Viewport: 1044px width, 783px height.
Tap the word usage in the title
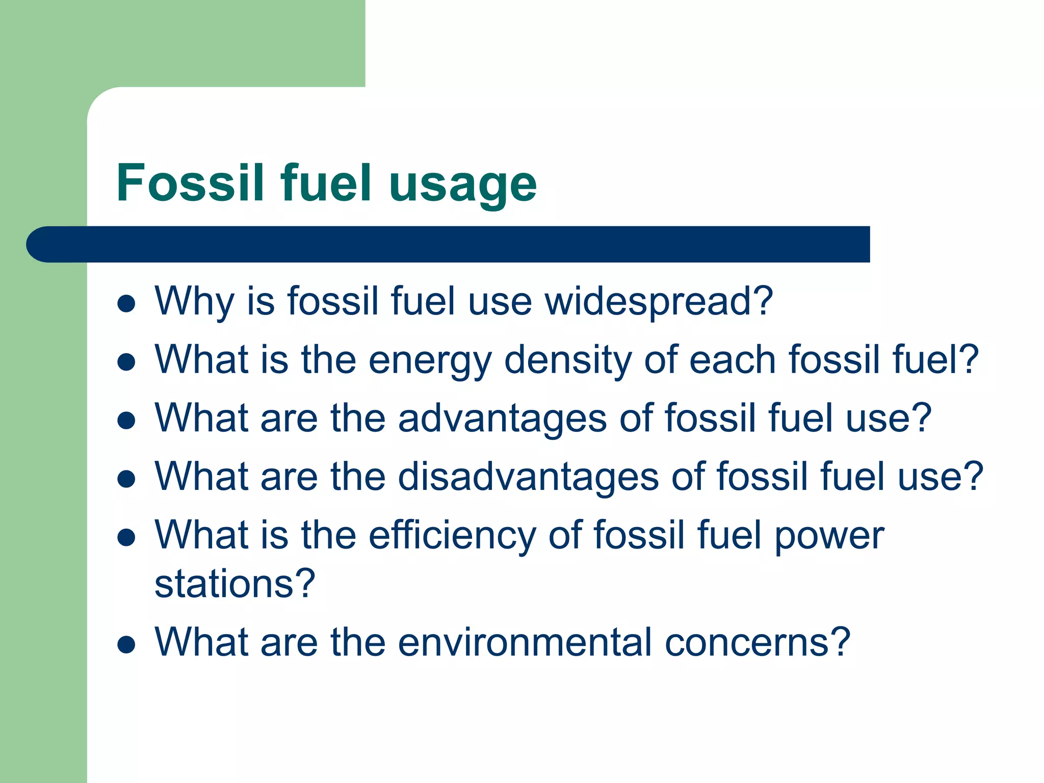click(x=462, y=185)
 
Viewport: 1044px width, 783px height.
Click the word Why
click(x=194, y=302)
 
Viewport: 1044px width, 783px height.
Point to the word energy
click(x=430, y=360)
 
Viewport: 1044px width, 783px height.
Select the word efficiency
click(x=452, y=535)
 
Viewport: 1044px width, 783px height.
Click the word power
click(x=829, y=536)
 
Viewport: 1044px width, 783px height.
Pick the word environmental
click(x=525, y=642)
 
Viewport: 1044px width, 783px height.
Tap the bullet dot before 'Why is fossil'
click(x=126, y=304)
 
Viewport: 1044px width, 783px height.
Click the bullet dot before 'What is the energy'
click(x=126, y=362)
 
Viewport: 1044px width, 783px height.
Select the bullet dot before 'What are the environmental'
click(x=126, y=644)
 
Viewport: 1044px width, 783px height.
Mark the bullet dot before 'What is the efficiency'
click(x=126, y=537)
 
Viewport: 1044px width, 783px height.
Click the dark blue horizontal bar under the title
click(x=449, y=244)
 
